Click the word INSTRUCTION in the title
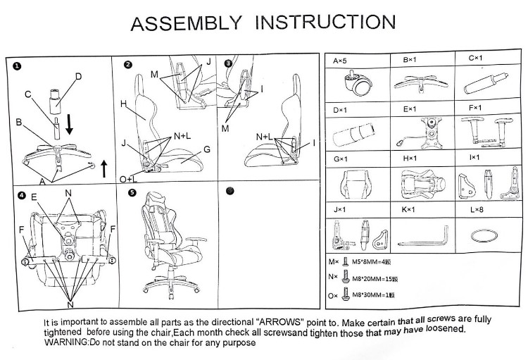tap(325, 23)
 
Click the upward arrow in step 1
tap(103, 168)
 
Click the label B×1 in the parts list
tap(410, 61)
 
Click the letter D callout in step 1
tap(78, 76)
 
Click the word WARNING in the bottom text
tap(65, 342)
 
